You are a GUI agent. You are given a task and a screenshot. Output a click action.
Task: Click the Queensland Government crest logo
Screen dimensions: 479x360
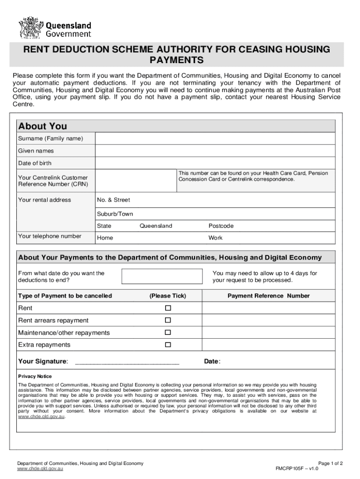tap(30, 28)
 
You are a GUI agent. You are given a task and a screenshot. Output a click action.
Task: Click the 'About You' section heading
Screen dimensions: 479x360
tap(43, 126)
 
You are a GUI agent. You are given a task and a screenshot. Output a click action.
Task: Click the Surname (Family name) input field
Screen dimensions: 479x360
tap(215, 139)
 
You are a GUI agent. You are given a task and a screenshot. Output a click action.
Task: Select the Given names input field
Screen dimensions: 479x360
tap(215, 151)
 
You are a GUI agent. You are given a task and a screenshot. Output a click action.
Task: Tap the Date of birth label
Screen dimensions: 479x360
tap(35, 163)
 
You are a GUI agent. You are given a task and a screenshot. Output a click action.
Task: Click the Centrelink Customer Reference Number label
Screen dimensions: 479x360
tap(53, 181)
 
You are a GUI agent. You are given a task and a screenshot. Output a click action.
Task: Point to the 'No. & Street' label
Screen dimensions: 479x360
tap(114, 200)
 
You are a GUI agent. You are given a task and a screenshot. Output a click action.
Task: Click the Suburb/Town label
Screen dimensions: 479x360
tap(115, 214)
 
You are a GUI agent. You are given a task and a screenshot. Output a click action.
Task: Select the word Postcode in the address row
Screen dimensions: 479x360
tap(221, 226)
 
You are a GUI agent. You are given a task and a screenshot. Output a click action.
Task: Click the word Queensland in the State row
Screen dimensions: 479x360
tap(156, 226)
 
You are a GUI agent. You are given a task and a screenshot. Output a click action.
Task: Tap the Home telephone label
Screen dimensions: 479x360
tap(105, 238)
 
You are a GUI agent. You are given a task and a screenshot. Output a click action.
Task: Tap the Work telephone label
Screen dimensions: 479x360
tap(216, 238)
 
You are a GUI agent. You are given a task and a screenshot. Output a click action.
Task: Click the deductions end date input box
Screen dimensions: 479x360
tap(162, 276)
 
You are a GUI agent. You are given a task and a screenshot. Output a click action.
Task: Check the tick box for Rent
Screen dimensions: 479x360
tap(168, 308)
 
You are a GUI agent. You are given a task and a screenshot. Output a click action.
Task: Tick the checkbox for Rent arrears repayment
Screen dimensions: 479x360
tap(168, 320)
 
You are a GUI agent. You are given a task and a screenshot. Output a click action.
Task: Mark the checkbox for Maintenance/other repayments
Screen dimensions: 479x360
tap(168, 333)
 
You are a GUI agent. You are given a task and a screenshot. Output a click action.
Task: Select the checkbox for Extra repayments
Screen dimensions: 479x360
tap(168, 345)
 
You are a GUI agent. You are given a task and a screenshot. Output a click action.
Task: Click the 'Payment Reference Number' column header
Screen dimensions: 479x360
tap(268, 296)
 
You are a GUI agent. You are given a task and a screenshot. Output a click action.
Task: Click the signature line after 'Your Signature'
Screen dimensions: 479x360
tap(127, 362)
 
